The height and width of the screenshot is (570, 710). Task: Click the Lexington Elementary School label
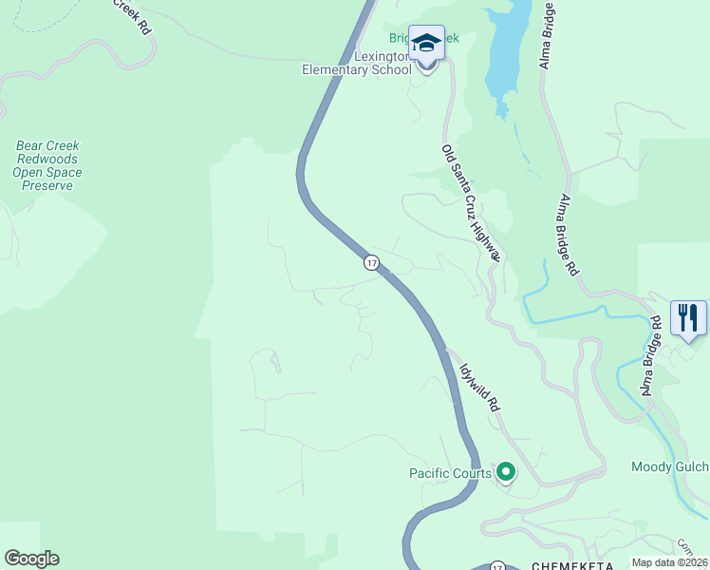[x=357, y=63]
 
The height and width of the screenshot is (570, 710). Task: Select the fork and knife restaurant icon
[x=688, y=317]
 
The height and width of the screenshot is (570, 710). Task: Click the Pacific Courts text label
[x=450, y=473]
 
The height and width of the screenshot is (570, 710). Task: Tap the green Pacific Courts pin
[x=506, y=471]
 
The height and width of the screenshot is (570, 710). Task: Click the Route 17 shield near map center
[x=371, y=262]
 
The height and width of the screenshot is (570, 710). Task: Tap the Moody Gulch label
[x=669, y=466]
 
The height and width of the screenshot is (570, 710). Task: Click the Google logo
[x=31, y=559]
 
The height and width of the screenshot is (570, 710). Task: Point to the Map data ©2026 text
[x=669, y=562]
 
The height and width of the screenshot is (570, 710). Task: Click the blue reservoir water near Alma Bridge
[x=507, y=47]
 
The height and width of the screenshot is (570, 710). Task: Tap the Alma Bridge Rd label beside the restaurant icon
[x=648, y=356]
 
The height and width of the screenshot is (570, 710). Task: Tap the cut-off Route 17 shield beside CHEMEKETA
[x=497, y=566]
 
